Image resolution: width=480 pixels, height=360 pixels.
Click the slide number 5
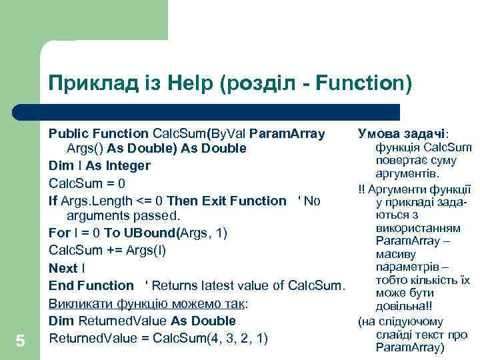click(x=20, y=341)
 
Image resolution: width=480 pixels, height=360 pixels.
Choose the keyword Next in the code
click(x=63, y=268)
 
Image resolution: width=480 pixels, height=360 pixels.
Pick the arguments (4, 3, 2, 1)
click(x=238, y=338)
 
